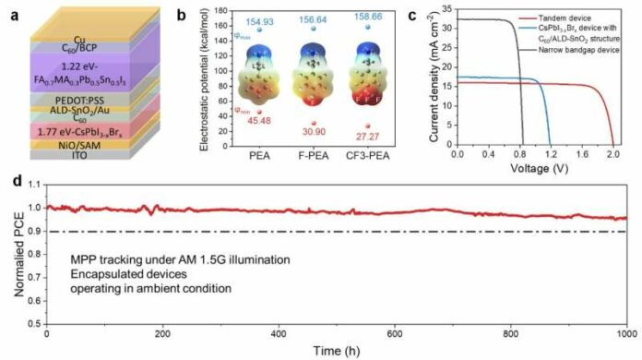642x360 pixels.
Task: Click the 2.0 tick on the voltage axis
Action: coord(614,156)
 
